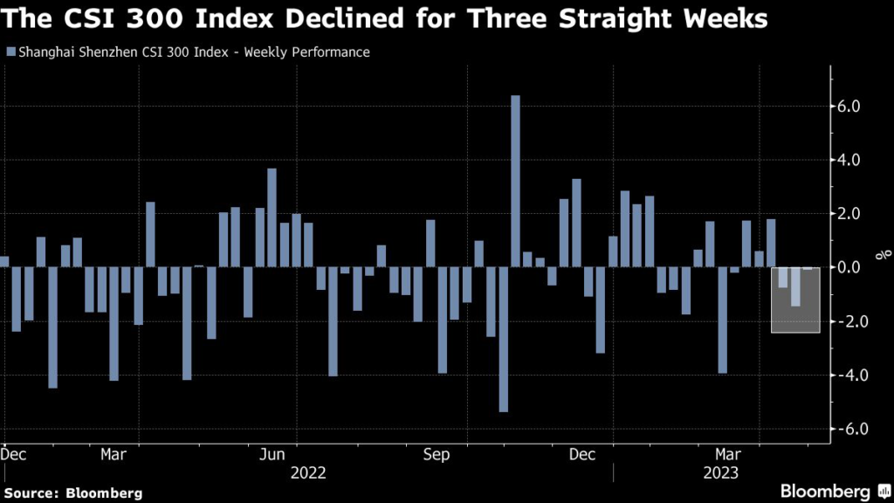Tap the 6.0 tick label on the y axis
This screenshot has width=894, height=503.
pos(849,107)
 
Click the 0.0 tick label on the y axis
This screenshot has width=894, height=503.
pos(849,267)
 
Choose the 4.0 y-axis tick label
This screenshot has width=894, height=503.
pos(849,161)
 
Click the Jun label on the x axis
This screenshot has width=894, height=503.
pos(273,455)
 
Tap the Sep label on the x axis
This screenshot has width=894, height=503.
pos(437,455)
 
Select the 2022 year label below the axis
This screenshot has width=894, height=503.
pos(308,472)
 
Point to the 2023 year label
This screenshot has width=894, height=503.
pos(720,472)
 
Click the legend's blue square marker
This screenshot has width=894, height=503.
pos(10,52)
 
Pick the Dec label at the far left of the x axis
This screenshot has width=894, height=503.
pos(14,455)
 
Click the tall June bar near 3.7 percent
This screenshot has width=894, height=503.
pos(272,217)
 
